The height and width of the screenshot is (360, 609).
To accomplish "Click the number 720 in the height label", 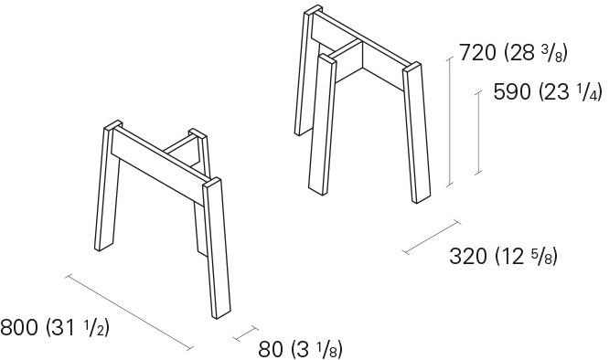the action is (477, 52).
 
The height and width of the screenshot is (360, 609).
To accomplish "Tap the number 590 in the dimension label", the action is (512, 92).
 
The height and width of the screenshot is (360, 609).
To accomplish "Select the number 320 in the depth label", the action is (468, 256).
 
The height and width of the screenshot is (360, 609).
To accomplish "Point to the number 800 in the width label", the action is (19, 327).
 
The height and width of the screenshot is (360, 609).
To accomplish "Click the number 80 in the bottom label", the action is (271, 349).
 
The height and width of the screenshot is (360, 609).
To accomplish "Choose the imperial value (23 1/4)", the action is (571, 92).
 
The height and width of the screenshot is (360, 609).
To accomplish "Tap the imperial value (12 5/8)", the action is (527, 257).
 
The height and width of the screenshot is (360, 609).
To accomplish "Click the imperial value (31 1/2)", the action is (78, 328).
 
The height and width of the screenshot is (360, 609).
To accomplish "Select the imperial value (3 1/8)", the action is (316, 350).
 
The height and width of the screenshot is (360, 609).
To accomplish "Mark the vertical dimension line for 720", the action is (450, 122).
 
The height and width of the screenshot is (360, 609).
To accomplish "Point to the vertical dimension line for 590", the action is (478, 133).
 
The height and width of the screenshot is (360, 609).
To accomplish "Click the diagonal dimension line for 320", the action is (432, 237).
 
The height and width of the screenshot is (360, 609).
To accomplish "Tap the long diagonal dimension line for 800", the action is (129, 312).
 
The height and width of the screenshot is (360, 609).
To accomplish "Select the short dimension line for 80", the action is (245, 334).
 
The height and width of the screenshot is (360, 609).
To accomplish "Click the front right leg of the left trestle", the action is (217, 249).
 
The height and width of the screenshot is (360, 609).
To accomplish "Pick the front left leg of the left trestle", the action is (108, 185).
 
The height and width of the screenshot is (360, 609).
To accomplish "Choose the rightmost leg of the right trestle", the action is (417, 132).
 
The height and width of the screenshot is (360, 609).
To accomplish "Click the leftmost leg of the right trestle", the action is (308, 70).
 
